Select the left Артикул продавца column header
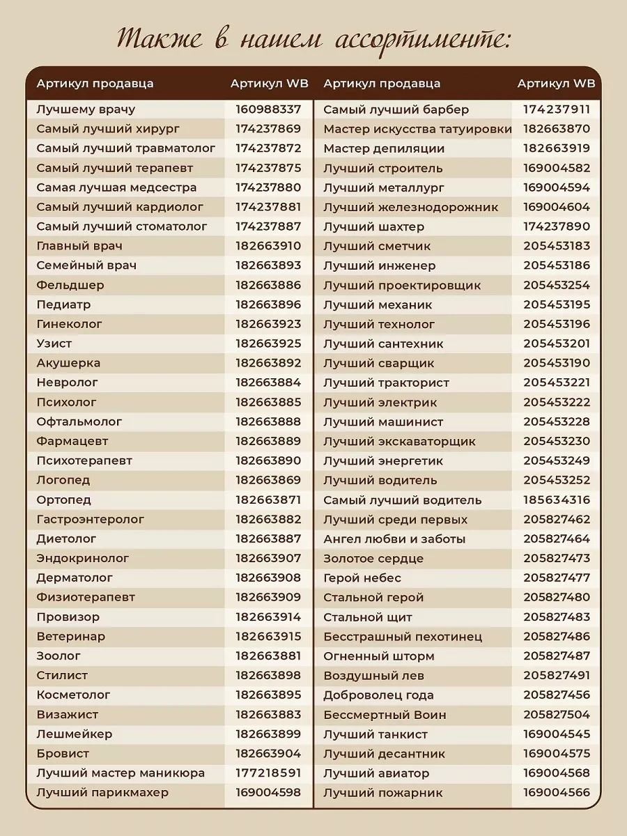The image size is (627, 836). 95,84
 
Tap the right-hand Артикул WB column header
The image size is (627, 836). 556,84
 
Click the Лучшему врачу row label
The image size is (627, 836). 86,109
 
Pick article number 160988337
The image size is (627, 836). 268,109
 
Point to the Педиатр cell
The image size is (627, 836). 63,304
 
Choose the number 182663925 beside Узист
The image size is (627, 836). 268,343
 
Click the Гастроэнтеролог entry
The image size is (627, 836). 91,519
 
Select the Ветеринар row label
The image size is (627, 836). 71,636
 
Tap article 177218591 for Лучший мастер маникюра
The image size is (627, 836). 268,773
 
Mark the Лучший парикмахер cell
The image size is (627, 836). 102,792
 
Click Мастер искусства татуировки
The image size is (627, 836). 417,129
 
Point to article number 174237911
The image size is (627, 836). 556,109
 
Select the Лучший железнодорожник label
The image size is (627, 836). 411,207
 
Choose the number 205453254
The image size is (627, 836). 556,285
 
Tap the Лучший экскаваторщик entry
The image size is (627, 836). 399,441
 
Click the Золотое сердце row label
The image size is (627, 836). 373,558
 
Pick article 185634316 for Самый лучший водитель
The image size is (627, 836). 556,500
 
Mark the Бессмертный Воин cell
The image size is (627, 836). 385,714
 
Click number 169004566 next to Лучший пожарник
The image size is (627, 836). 556,792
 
